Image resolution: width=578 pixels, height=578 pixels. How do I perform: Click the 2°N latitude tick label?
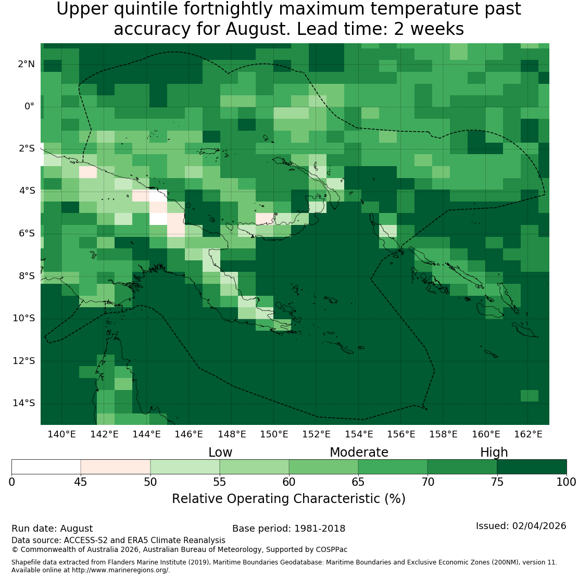pyautogui.click(x=26, y=64)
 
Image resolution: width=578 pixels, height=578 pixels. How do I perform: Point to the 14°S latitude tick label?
pyautogui.click(x=24, y=403)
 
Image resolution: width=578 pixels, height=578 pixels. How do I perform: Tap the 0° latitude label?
pyautogui.click(x=30, y=107)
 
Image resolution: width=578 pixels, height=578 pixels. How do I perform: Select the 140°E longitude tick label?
pyautogui.click(x=61, y=434)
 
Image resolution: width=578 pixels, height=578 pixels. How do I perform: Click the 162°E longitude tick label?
pyautogui.click(x=528, y=434)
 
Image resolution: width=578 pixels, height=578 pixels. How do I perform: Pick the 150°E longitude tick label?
pyautogui.click(x=274, y=434)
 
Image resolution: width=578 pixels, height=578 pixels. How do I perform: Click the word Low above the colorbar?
pyautogui.click(x=220, y=453)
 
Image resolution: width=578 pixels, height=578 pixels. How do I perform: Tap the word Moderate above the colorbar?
pyautogui.click(x=359, y=453)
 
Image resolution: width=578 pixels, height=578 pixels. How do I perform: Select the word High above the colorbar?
pyautogui.click(x=494, y=453)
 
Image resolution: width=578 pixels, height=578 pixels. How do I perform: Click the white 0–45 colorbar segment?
pyautogui.click(x=46, y=467)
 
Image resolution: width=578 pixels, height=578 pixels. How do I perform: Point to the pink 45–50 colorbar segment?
pyautogui.click(x=116, y=467)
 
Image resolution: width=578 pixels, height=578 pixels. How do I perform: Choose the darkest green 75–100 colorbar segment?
pyautogui.click(x=532, y=467)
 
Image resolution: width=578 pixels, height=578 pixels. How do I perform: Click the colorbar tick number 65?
pyautogui.click(x=358, y=482)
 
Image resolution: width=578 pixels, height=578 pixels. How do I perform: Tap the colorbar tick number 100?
pyautogui.click(x=566, y=482)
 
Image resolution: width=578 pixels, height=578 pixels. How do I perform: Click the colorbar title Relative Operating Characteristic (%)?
pyautogui.click(x=288, y=499)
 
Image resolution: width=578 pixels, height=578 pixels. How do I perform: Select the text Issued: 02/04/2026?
pyautogui.click(x=521, y=526)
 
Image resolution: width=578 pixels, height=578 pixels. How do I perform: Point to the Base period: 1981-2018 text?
pyautogui.click(x=288, y=529)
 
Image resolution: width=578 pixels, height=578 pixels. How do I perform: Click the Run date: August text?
pyautogui.click(x=52, y=529)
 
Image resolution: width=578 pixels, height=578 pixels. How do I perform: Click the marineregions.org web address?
pyautogui.click(x=120, y=570)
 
